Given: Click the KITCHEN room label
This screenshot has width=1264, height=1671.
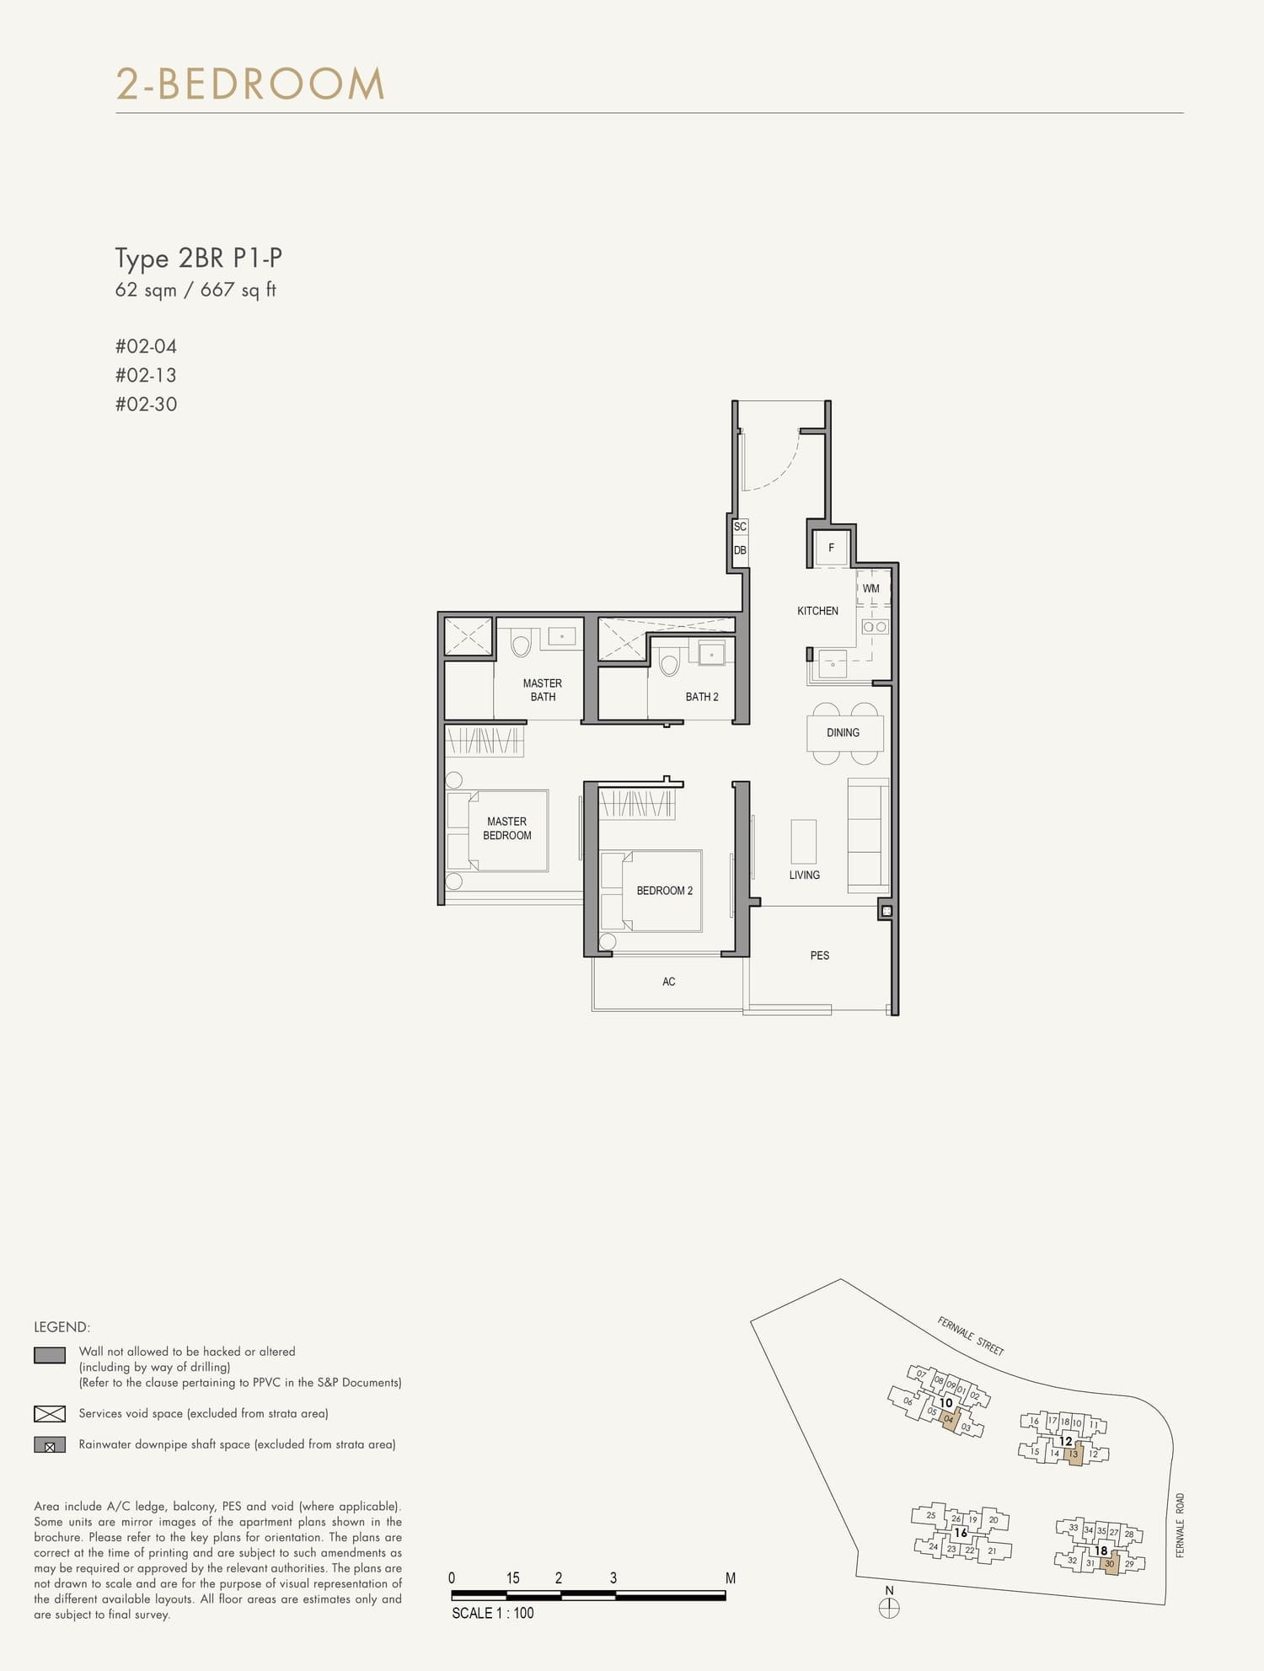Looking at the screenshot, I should point(817,611).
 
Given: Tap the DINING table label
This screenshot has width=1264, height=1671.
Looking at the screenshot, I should point(843,732).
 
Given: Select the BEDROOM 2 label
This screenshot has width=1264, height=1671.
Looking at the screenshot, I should point(664,891).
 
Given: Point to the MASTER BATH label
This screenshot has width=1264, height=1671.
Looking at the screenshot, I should point(542,690).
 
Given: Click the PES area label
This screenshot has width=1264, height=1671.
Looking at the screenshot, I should point(819,956).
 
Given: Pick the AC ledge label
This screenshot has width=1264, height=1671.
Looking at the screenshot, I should point(668,982).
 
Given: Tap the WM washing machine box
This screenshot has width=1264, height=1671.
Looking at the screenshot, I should point(871,588).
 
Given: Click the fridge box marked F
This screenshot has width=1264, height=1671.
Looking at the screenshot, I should point(831,548).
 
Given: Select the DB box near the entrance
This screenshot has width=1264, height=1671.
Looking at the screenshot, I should point(740,550).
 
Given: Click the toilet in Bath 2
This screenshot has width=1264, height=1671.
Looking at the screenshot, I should point(669,664).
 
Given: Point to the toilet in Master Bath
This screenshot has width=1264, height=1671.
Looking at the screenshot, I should point(522,644).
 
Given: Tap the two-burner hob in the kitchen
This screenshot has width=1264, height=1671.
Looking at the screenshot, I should point(875,627).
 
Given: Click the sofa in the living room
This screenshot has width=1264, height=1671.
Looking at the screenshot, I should point(868,835).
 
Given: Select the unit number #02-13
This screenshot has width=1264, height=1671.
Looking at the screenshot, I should point(146,375).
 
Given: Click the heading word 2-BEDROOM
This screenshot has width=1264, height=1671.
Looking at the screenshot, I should point(250,84).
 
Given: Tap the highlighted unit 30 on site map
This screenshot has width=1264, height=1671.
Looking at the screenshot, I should point(1109,1564).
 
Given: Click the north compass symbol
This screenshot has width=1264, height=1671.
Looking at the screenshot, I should point(889,1608).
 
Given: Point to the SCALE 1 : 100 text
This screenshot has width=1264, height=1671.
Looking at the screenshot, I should point(492,1613).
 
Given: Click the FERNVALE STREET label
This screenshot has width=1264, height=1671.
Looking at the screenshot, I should point(970,1336).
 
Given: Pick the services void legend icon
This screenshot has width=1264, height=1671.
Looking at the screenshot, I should point(50,1414).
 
